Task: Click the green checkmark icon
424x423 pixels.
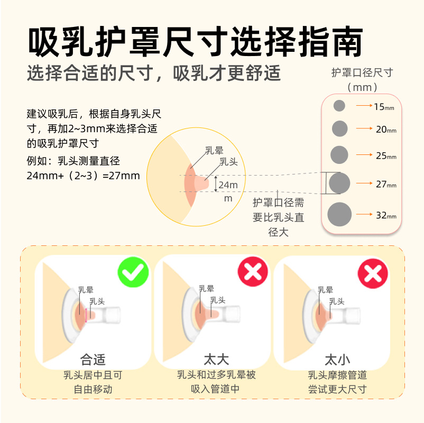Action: tap(133, 272)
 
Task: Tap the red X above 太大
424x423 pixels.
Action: tap(253, 271)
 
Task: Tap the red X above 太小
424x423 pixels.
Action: tap(373, 273)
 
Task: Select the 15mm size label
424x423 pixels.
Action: tap(384, 107)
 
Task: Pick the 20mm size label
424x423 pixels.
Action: tap(386, 130)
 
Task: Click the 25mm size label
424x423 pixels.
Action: tap(386, 156)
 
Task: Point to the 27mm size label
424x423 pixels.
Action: tap(386, 184)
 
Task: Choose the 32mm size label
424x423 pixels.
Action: tap(386, 215)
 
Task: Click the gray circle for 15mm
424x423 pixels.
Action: tap(339, 105)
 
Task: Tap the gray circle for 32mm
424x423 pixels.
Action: tap(339, 214)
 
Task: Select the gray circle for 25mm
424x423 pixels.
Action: tap(339, 155)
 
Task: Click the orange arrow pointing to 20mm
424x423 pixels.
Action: tap(364, 128)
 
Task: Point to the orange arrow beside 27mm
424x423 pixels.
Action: tap(364, 183)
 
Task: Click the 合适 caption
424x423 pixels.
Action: tap(93, 360)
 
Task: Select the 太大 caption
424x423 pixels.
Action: tap(216, 360)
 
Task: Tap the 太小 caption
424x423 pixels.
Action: tap(337, 360)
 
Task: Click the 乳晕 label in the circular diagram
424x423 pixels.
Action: tap(214, 150)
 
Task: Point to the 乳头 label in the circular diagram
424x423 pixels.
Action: tap(229, 162)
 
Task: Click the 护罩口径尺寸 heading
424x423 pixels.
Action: tap(362, 72)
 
